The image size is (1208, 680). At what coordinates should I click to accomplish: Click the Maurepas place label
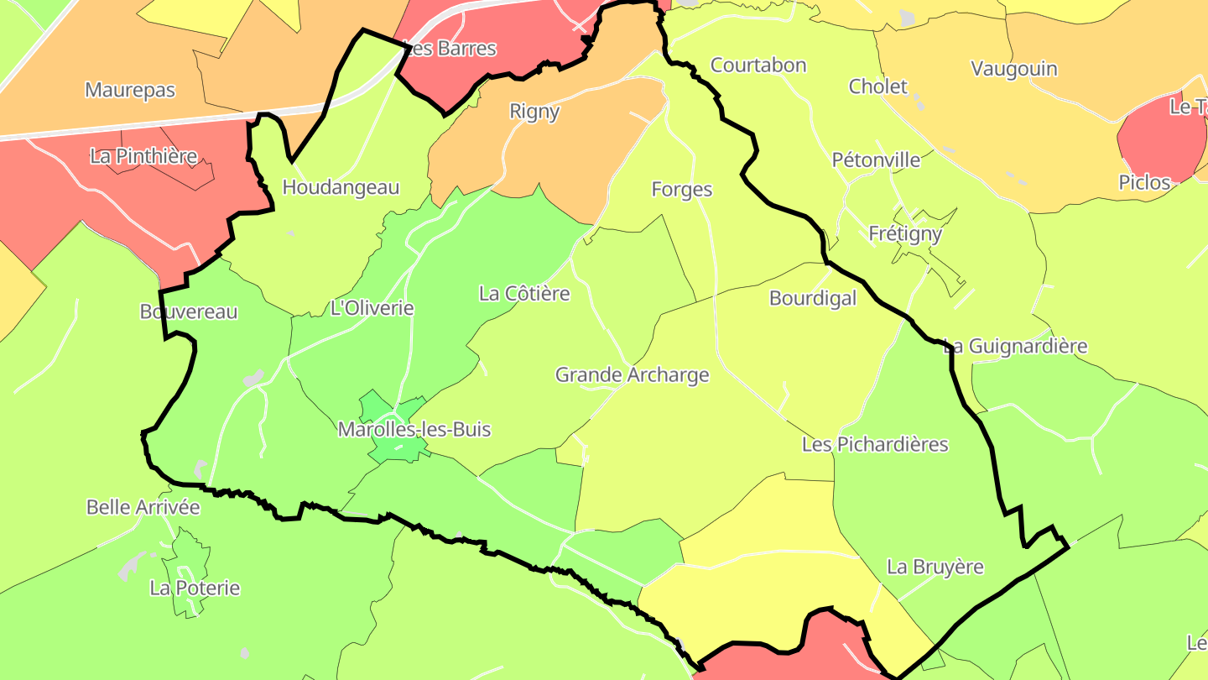(130, 90)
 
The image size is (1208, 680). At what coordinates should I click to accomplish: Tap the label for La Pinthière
(143, 156)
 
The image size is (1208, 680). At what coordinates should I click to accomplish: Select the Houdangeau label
(341, 187)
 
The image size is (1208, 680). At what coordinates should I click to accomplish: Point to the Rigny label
(534, 111)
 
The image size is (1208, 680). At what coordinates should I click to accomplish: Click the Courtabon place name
(758, 65)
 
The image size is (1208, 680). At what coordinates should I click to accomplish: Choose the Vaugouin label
(1013, 69)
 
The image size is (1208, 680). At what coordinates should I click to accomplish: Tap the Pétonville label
(876, 160)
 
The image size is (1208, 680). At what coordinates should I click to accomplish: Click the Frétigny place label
(905, 233)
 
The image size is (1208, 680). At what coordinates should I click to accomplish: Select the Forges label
(682, 190)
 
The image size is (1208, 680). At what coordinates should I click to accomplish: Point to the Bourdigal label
(813, 298)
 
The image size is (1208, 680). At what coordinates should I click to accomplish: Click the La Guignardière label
(1015, 346)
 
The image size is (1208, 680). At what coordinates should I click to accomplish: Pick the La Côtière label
(524, 294)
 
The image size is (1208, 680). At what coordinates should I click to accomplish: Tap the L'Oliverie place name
(372, 308)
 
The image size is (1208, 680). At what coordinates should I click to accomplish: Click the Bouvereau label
(189, 312)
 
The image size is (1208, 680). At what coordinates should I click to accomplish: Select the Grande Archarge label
(633, 375)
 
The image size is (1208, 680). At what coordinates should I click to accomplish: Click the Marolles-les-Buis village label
(414, 430)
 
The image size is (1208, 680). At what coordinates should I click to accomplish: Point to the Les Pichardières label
(875, 444)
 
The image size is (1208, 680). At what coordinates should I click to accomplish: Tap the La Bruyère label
(935, 568)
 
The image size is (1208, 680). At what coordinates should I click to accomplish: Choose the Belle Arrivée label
(143, 508)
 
